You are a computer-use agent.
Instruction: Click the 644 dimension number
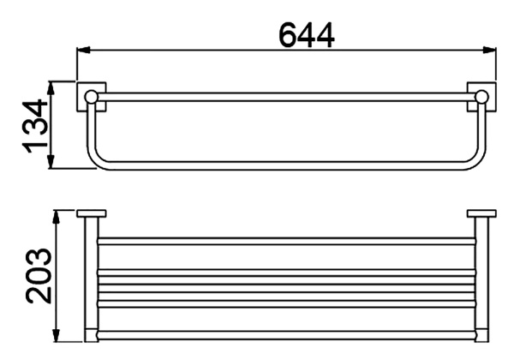306,33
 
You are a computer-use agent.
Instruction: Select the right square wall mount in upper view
480,95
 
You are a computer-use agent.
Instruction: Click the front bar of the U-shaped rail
288,164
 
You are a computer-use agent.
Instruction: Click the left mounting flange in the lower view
90,213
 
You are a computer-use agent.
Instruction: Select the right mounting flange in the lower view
481,213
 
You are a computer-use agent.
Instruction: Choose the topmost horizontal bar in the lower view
288,241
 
